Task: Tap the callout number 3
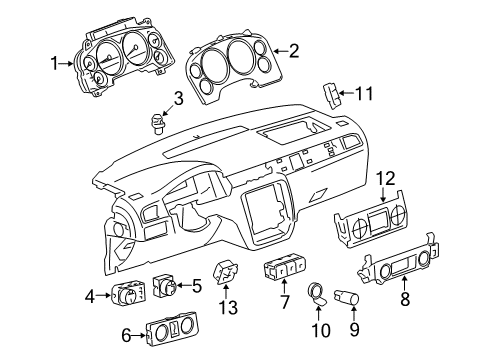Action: coord(178,97)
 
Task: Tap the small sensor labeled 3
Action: coord(156,124)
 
